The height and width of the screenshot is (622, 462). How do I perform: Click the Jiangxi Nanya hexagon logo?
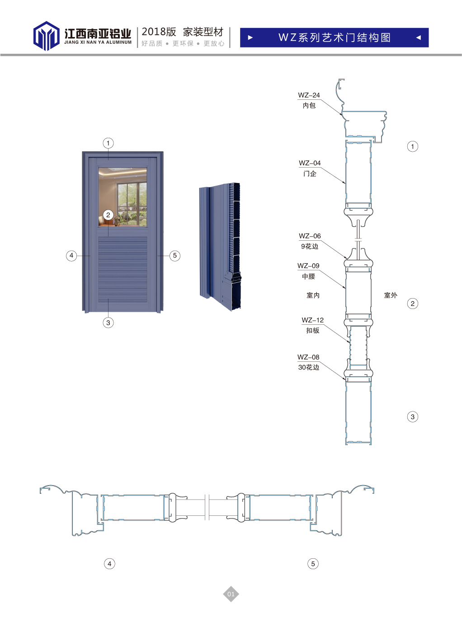click(46, 36)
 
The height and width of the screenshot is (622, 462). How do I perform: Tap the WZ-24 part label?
click(309, 95)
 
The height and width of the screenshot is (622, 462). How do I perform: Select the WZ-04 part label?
click(310, 163)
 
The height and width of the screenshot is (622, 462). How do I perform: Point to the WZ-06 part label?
click(310, 236)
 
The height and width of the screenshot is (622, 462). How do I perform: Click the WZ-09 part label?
click(308, 266)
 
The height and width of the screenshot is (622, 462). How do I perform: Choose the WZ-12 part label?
click(312, 320)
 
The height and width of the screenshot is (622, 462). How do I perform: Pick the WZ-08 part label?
click(308, 357)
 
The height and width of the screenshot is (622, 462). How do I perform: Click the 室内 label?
click(313, 295)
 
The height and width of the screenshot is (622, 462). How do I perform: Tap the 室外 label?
click(391, 295)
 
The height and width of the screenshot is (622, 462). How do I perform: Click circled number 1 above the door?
click(108, 143)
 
